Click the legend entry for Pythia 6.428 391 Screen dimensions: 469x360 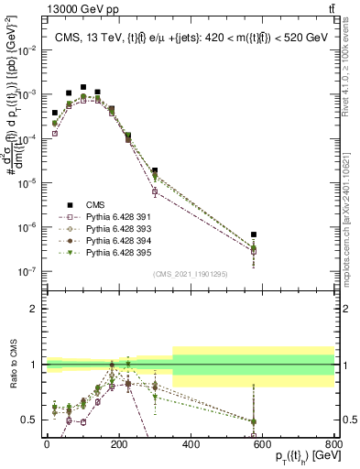(116, 216)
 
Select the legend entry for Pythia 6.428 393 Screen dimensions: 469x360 (116, 228)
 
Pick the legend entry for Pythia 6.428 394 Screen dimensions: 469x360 (116, 240)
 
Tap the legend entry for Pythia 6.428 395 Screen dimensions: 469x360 (116, 252)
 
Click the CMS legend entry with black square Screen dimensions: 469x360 (96, 204)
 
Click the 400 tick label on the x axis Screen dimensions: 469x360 (191, 443)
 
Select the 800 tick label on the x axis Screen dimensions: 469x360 (334, 443)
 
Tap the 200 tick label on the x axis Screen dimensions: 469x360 (119, 443)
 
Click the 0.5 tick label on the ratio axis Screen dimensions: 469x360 (31, 420)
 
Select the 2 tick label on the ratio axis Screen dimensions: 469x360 (35, 309)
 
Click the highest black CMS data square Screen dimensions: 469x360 (83, 87)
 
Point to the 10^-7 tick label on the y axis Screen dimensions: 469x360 (27, 271)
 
